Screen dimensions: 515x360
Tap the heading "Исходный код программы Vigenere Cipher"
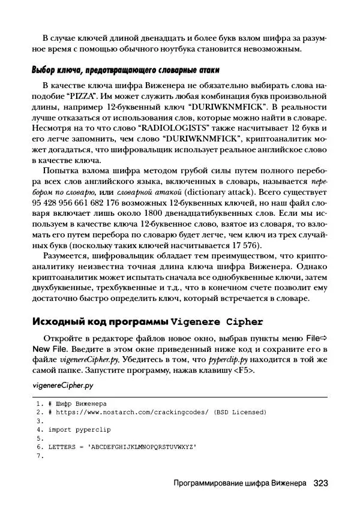[148, 321]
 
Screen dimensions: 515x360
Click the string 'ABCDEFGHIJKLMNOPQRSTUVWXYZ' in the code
[142, 447]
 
